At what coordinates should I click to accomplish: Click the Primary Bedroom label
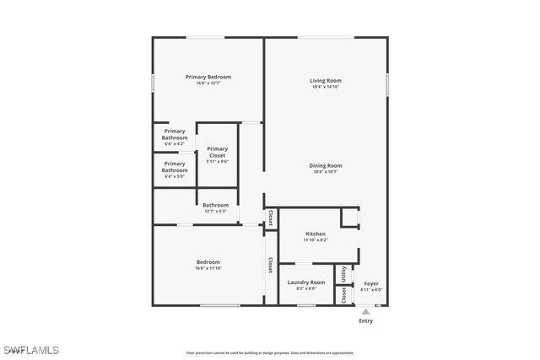(x=208, y=77)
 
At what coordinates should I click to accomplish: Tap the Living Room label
(x=326, y=81)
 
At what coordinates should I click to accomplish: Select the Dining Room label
(x=326, y=165)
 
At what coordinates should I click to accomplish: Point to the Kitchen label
(x=316, y=234)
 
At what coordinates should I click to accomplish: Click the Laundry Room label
(x=306, y=282)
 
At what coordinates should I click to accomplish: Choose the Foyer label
(x=371, y=283)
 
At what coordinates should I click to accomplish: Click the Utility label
(x=344, y=274)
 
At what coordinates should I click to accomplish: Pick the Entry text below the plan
(x=365, y=321)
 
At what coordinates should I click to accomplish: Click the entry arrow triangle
(x=365, y=311)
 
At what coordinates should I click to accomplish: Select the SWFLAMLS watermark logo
(x=30, y=349)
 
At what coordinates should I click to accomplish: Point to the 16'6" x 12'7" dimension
(x=208, y=83)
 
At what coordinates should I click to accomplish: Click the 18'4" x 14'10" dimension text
(x=326, y=87)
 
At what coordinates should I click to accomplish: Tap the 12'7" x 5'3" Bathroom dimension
(x=215, y=212)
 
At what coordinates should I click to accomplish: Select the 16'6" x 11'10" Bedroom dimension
(x=208, y=268)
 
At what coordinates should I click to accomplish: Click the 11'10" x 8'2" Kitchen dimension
(x=316, y=240)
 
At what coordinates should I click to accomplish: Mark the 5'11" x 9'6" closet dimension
(x=217, y=161)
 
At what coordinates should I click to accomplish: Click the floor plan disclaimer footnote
(x=270, y=352)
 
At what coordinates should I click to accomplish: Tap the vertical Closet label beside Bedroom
(x=271, y=266)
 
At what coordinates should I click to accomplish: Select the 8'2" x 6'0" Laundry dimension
(x=306, y=288)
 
